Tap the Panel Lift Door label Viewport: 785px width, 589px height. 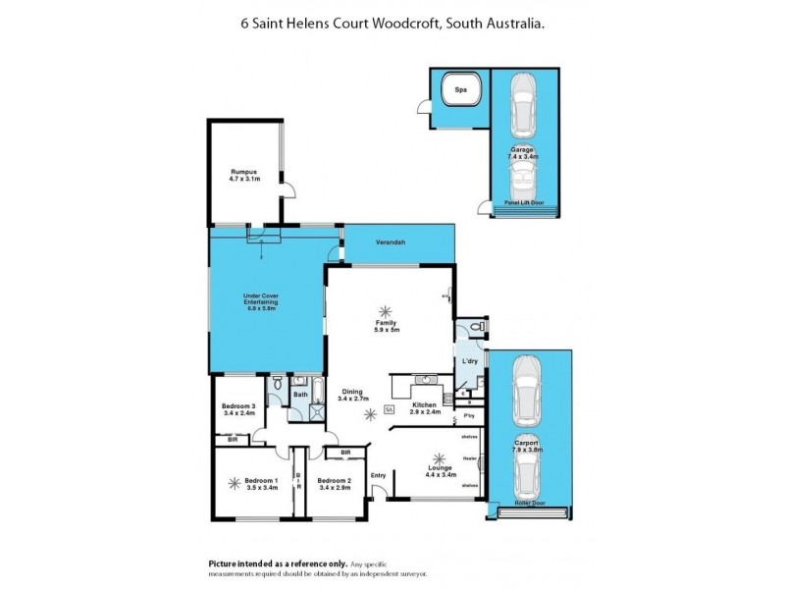[525, 203]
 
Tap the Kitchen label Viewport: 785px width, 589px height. [423, 405]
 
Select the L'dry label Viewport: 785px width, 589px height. [470, 364]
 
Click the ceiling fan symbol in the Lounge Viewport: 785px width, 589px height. [439, 458]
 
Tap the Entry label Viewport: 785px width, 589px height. [378, 477]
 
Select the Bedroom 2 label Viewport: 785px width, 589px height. [334, 484]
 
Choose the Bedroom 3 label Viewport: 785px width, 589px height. [238, 410]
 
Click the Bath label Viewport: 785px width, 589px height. [299, 395]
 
